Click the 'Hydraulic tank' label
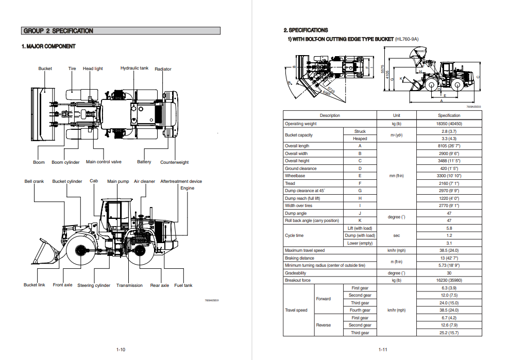[134, 68]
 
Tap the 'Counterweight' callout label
[174, 162]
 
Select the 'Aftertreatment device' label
[181, 181]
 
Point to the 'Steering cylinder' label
[94, 285]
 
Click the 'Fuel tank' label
[183, 285]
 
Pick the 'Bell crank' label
[34, 181]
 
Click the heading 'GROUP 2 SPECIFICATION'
[58, 31]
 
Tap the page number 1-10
[121, 350]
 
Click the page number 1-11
[383, 350]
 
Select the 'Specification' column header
[449, 115]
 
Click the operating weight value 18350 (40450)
[449, 124]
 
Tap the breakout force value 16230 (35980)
[449, 280]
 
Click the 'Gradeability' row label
[296, 273]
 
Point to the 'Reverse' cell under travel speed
[324, 325]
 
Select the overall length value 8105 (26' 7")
[449, 146]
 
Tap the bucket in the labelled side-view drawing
[46, 252]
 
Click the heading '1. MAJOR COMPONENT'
[48, 46]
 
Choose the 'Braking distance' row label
[299, 258]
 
